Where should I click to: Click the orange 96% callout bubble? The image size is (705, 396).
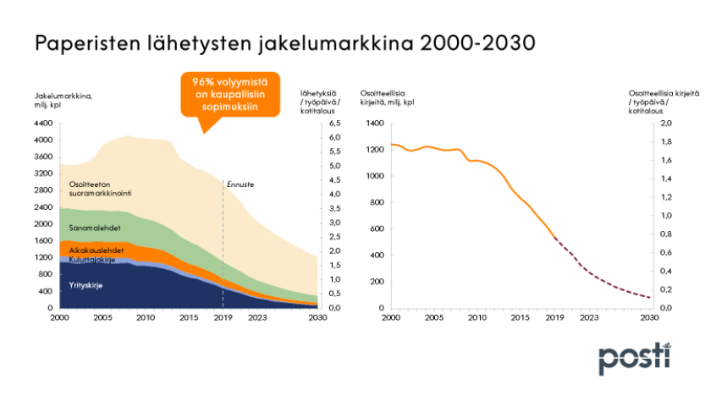[x=223, y=95]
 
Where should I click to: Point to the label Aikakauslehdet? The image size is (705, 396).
[x=96, y=251]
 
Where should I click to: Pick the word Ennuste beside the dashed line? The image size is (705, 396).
[x=241, y=184]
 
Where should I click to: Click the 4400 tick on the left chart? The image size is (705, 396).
[x=43, y=124]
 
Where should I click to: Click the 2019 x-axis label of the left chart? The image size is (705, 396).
[x=223, y=318]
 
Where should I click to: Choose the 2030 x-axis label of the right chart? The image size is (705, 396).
[x=649, y=318]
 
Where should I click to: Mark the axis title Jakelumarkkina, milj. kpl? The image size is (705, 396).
[x=63, y=99]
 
